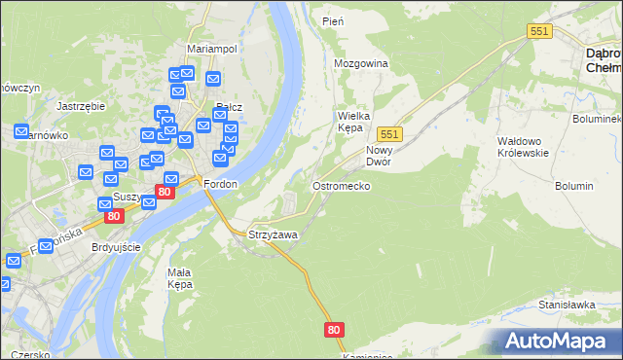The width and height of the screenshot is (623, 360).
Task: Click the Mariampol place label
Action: [212, 49]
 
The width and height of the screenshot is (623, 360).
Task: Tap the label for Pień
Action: [332, 20]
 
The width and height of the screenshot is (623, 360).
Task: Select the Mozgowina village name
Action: [361, 63]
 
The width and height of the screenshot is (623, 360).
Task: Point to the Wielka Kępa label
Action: [356, 121]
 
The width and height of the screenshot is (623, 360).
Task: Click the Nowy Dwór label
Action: [379, 156]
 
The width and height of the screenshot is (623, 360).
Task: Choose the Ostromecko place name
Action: [340, 185]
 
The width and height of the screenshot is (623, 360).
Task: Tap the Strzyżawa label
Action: [273, 234]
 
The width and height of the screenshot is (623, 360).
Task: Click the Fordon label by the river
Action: [220, 184]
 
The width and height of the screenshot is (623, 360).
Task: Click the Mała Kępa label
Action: [180, 278]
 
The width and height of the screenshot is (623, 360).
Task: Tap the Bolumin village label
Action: [573, 185]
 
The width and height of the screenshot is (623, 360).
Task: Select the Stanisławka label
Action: [567, 305]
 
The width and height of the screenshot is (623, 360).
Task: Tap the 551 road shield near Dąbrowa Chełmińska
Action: [540, 31]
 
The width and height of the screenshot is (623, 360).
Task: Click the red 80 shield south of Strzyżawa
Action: [335, 331]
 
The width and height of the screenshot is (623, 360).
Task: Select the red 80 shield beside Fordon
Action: [165, 193]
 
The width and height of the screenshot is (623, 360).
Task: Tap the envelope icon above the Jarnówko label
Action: [21, 131]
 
